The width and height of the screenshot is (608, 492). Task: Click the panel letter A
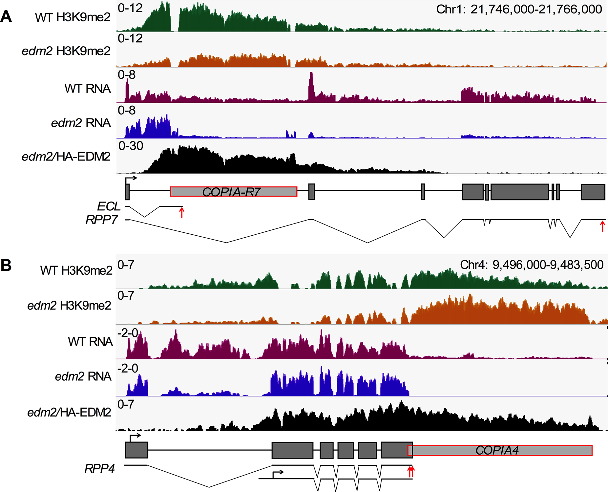tap(6, 17)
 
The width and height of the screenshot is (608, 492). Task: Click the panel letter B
tap(6, 265)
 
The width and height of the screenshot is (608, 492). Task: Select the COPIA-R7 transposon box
tap(233, 192)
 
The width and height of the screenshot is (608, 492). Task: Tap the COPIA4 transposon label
tap(497, 450)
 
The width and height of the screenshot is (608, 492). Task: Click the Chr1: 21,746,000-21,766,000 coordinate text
tap(519, 10)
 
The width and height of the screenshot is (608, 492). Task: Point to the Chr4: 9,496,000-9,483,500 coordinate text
tap(531, 265)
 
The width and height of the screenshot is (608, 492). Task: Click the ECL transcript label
tap(109, 206)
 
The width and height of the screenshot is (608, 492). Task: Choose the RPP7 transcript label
tap(101, 220)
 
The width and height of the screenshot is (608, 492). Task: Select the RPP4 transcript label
tap(100, 469)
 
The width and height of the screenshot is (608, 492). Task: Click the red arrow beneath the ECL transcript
tap(182, 212)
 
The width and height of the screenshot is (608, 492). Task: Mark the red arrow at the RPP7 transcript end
tap(602, 226)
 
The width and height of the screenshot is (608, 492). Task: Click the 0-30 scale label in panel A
tap(131, 146)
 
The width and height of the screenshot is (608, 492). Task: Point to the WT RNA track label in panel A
tap(88, 89)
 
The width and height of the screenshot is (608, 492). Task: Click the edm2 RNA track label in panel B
tap(83, 376)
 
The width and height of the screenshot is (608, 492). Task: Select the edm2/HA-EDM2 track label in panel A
tap(66, 157)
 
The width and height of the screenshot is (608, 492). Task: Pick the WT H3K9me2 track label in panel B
tap(76, 270)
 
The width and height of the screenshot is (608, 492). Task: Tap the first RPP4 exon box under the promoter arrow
tap(136, 450)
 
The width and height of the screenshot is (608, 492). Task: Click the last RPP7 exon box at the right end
tap(593, 192)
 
